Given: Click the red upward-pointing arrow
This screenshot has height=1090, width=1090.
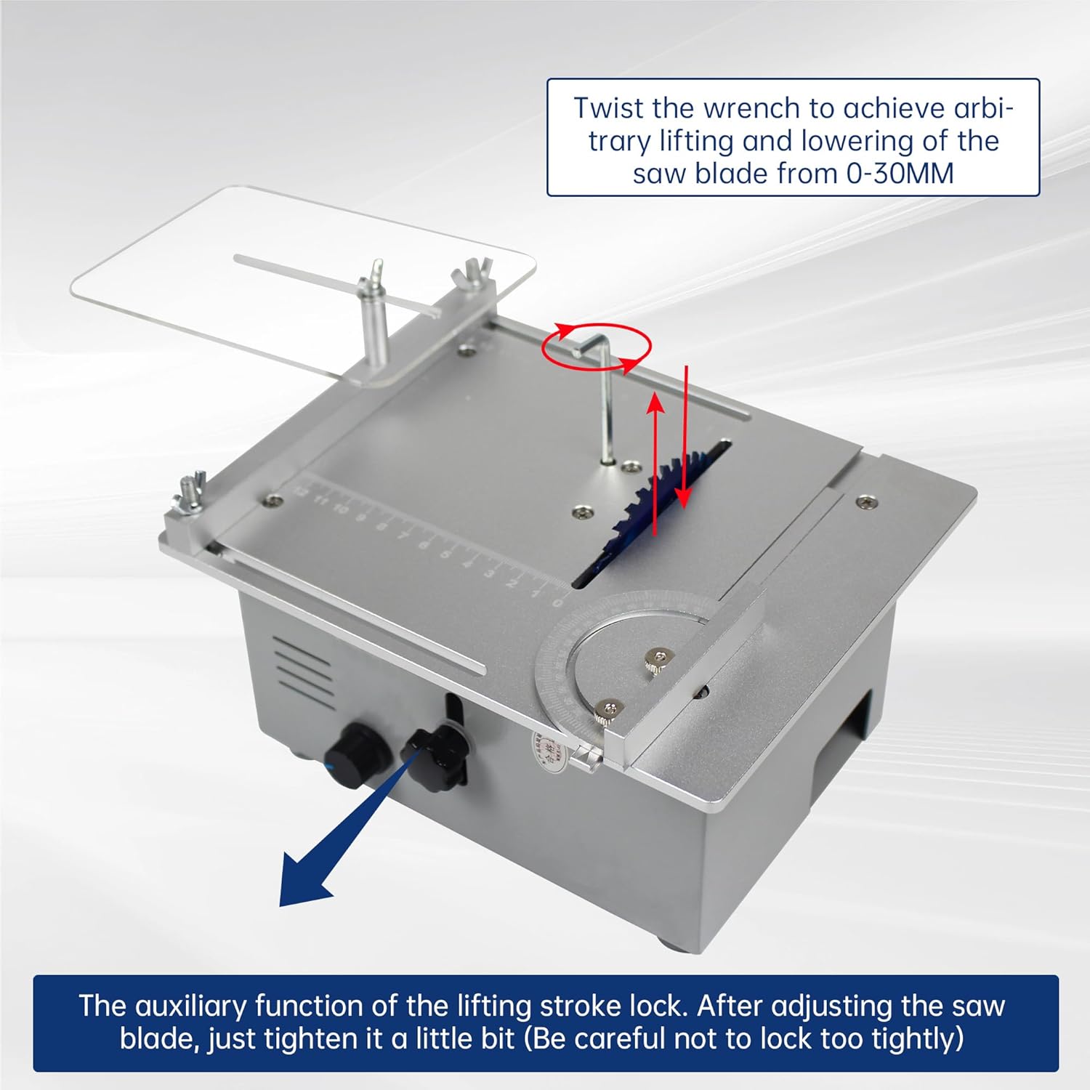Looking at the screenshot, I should coord(656,465).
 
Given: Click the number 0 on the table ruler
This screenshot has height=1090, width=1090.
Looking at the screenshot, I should coord(557,602).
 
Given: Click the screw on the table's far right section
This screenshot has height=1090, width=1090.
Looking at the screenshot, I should coord(865,502).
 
